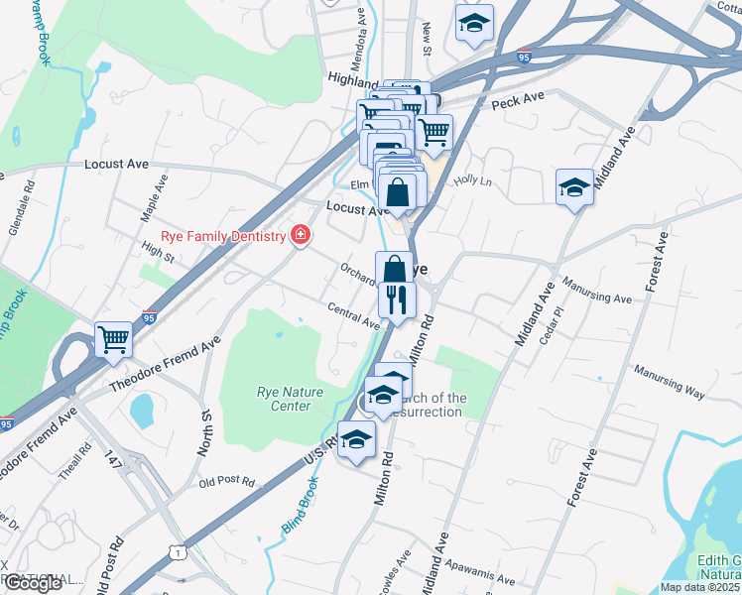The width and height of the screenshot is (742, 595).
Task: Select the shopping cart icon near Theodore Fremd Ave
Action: (x=114, y=340)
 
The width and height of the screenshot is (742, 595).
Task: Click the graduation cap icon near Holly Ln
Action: (x=574, y=187)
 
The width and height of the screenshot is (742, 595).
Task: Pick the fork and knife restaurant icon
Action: (x=397, y=299)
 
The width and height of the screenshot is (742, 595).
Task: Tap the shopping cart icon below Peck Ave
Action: (x=433, y=131)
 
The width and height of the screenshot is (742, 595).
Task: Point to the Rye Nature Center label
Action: (x=291, y=399)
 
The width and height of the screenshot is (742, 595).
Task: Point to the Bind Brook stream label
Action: (x=300, y=506)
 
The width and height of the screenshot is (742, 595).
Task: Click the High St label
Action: (x=158, y=256)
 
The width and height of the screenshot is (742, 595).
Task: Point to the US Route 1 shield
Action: (x=177, y=549)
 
